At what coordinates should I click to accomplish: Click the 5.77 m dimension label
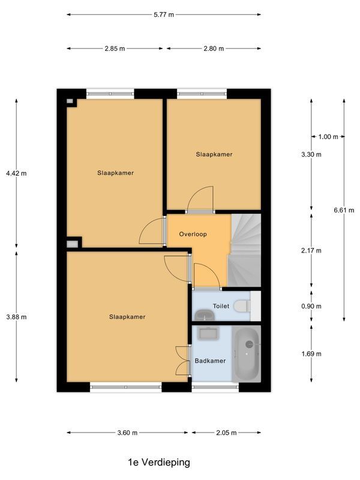tap(163, 15)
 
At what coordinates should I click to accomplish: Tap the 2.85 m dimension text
tap(115, 49)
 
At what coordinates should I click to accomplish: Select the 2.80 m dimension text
tap(213, 49)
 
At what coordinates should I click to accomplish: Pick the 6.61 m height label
tap(344, 210)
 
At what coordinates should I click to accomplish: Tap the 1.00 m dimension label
tap(328, 137)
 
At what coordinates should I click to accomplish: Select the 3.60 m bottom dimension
tap(127, 433)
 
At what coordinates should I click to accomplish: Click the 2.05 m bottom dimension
tap(225, 433)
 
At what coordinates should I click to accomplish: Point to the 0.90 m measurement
tap(311, 307)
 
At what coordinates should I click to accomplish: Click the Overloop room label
tap(193, 235)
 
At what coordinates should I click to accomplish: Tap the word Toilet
tap(221, 306)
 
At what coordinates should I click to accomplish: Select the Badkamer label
tap(210, 361)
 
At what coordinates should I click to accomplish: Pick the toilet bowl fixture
tap(241, 306)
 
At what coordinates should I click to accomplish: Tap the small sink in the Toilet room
tap(204, 314)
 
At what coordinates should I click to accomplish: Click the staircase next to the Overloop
tap(245, 249)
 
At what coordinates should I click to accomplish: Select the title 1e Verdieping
tap(158, 462)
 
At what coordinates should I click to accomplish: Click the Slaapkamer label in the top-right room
tap(214, 154)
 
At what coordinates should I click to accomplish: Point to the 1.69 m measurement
tap(311, 354)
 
